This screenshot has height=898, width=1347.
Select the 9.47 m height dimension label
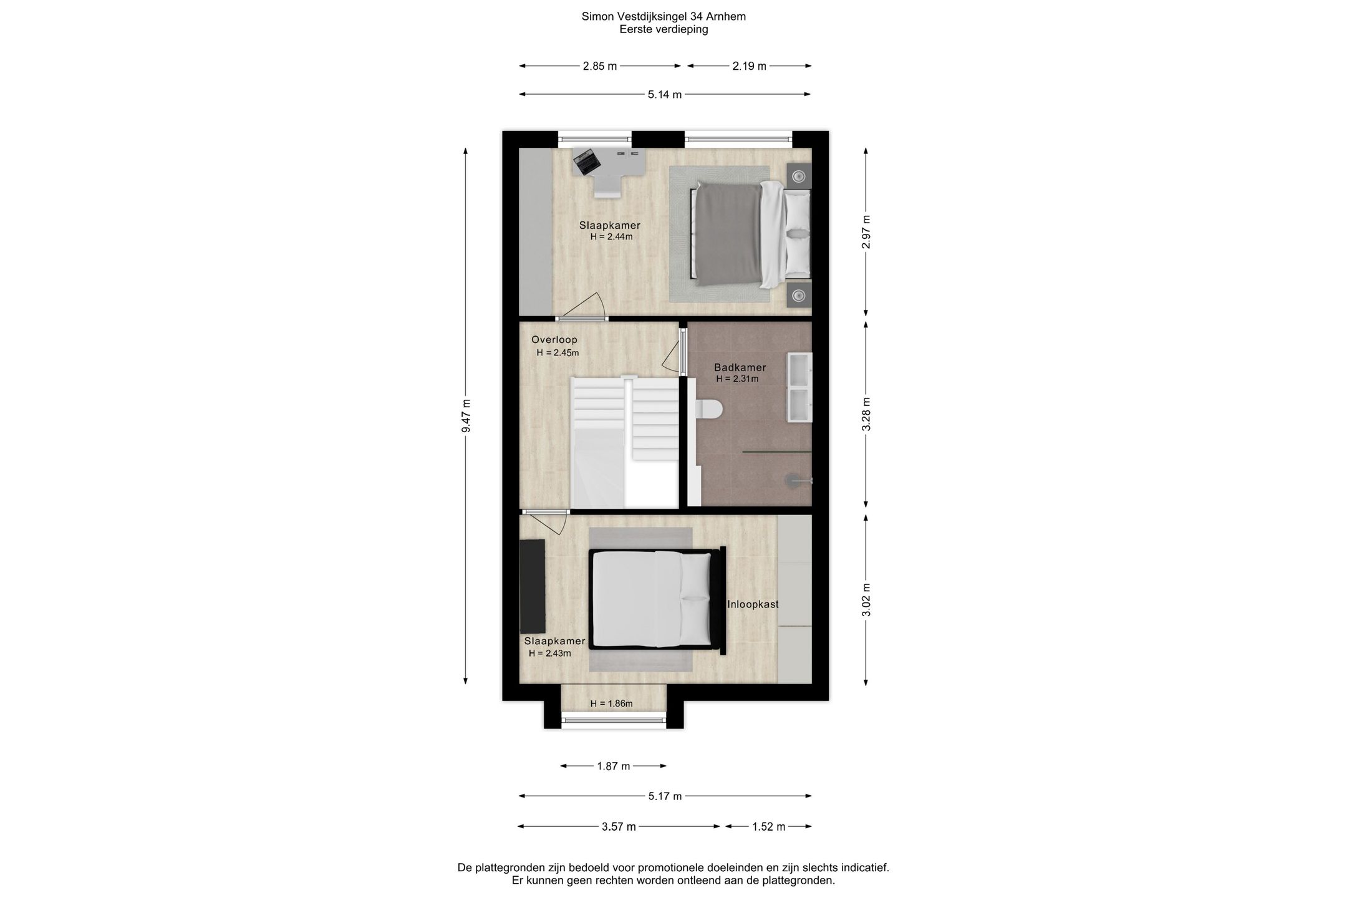[466, 416]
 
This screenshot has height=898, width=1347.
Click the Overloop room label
[554, 340]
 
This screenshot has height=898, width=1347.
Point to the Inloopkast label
[753, 604]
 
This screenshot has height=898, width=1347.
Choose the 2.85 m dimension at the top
[600, 66]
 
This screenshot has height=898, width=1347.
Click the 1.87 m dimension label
[614, 766]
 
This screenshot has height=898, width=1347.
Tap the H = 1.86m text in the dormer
[611, 704]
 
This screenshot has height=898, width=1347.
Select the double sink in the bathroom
[799, 388]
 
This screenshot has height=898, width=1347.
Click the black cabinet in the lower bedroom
[533, 586]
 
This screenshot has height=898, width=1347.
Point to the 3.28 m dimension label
[866, 414]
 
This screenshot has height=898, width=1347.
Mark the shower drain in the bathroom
[793, 480]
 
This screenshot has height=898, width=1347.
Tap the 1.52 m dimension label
[768, 827]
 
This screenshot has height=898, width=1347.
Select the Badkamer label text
[740, 367]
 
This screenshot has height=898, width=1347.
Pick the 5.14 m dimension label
[665, 95]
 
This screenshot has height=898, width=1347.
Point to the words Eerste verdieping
[664, 29]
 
